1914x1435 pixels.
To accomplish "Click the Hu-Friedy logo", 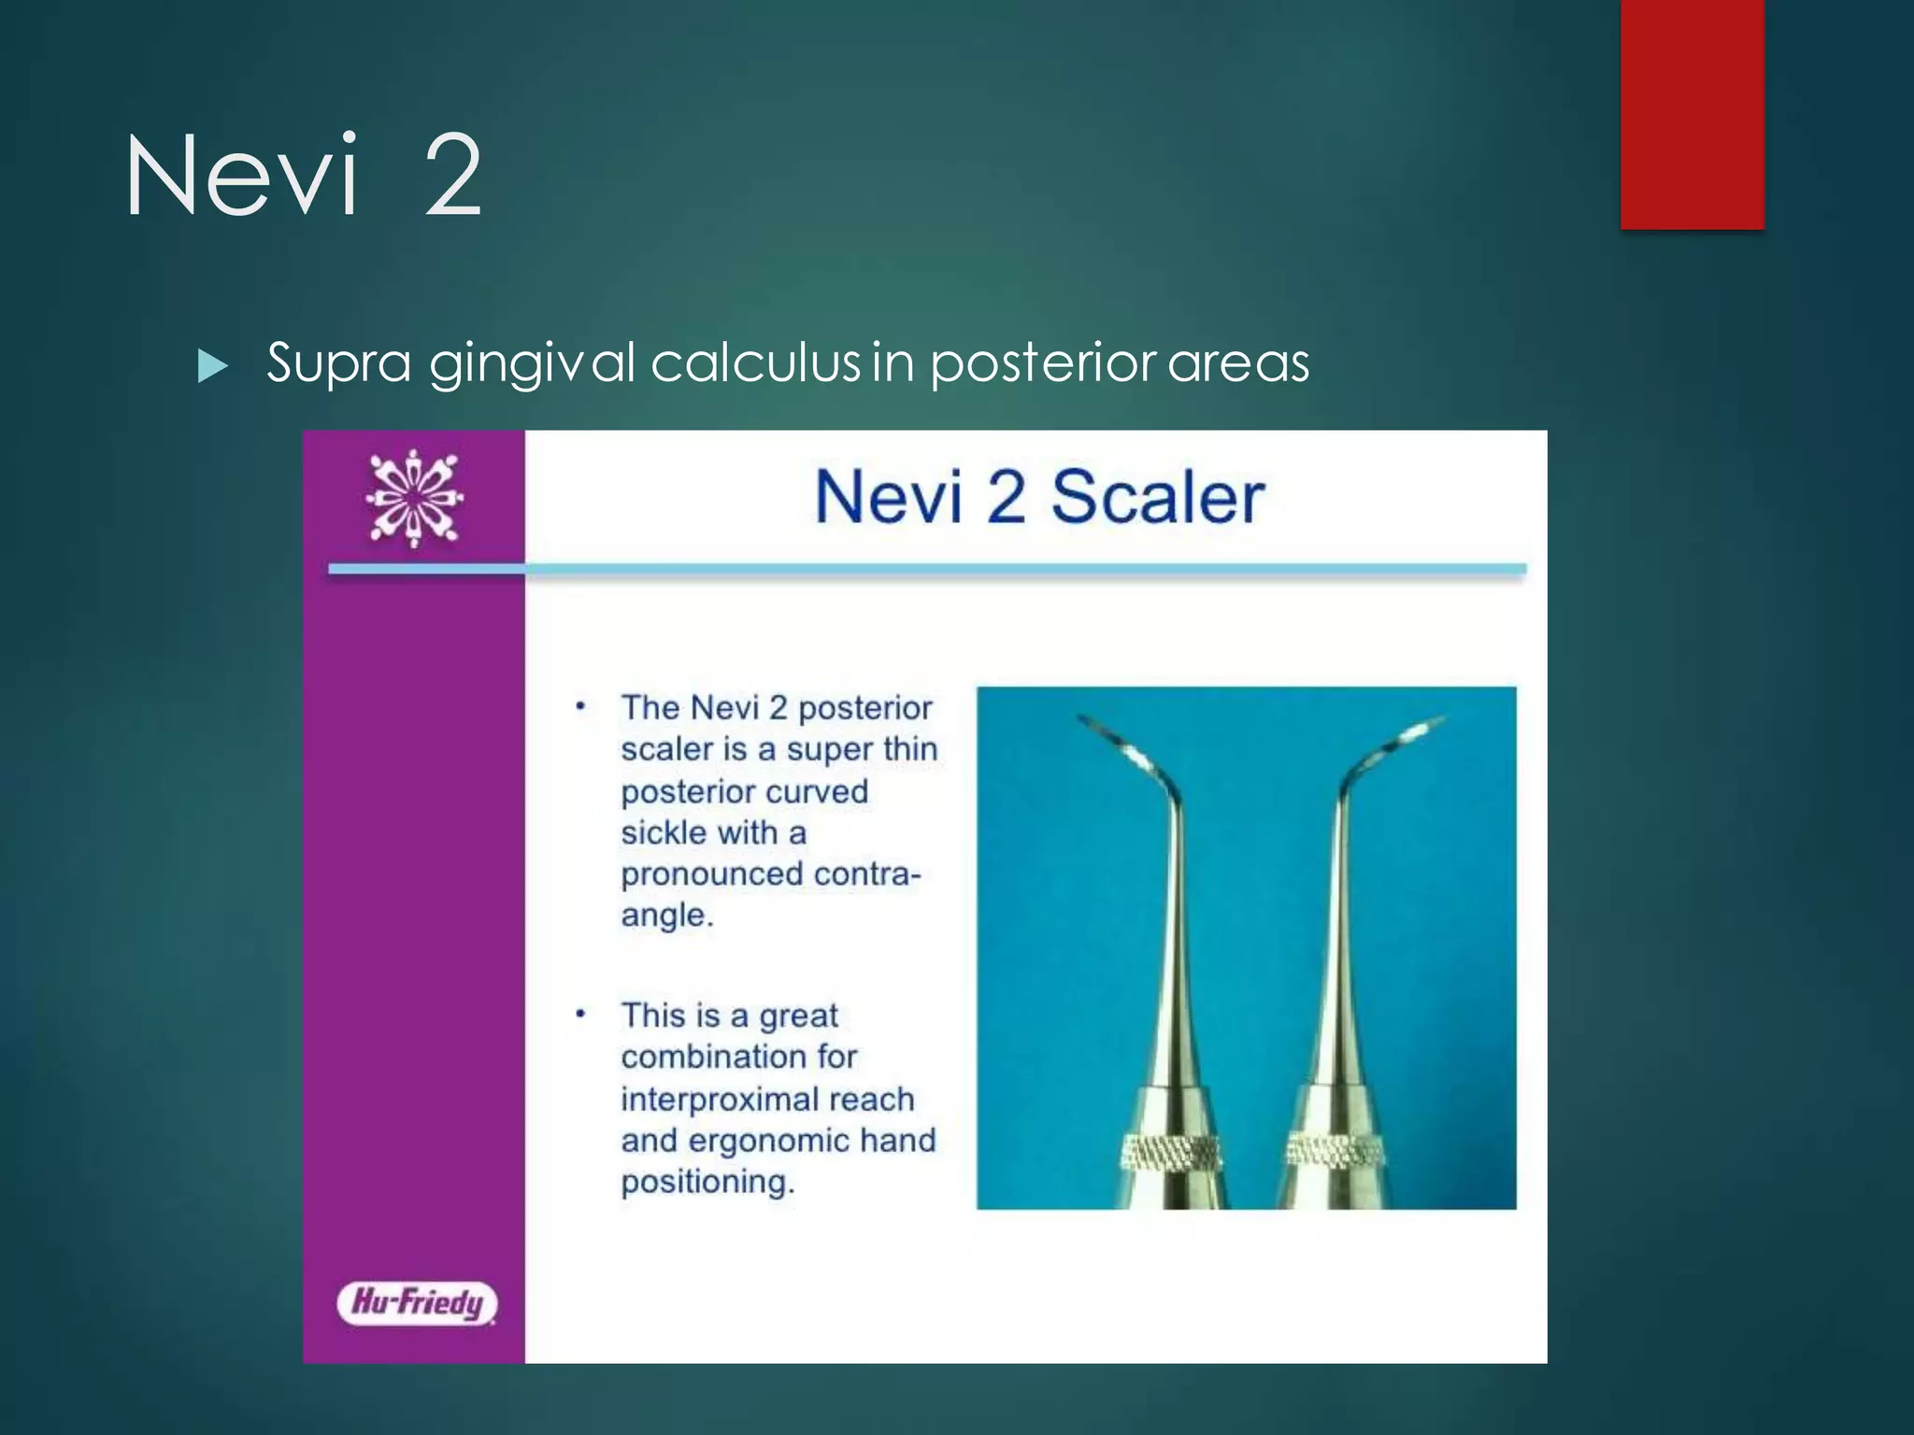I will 417,1302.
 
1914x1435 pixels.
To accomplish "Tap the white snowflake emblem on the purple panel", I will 414,498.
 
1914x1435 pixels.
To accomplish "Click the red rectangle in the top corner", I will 1692,113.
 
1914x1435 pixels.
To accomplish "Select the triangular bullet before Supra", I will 213,365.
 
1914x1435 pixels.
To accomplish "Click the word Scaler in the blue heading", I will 1157,497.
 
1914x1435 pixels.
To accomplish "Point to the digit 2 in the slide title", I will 453,176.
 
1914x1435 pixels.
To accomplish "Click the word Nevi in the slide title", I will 242,176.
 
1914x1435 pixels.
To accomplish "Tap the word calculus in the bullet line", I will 755,362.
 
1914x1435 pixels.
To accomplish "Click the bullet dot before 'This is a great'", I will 580,1014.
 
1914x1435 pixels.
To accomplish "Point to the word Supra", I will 339,364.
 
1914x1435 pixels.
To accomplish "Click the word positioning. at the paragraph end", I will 707,1182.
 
